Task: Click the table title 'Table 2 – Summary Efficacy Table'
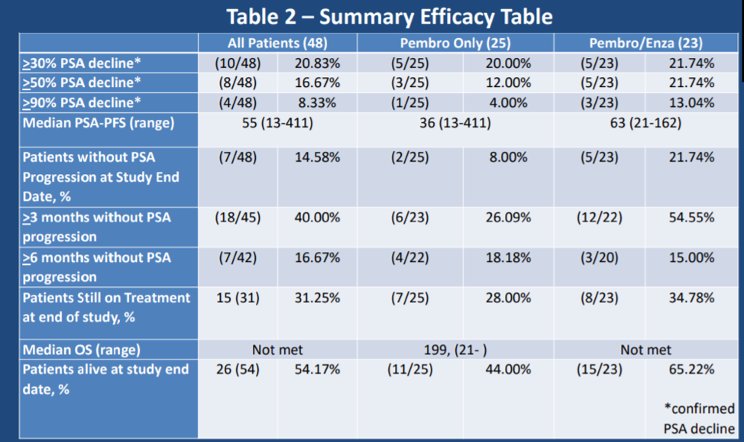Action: coord(390,17)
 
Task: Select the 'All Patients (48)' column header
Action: coord(277,44)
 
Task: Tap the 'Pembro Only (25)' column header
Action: coord(455,44)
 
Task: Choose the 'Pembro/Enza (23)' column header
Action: coord(645,44)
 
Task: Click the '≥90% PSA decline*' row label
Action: coord(82,102)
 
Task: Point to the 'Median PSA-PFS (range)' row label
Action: coord(99,123)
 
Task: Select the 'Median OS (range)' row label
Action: coord(82,350)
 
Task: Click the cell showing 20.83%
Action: coord(318,63)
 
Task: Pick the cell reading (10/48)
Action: coord(238,63)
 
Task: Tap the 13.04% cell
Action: coord(691,102)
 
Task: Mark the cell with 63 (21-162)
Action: coord(645,123)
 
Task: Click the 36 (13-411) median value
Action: coord(455,123)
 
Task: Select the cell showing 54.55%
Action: coord(691,218)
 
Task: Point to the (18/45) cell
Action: coord(238,218)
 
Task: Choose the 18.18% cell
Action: coord(508,257)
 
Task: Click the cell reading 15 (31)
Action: coord(238,298)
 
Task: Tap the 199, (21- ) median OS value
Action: coord(455,350)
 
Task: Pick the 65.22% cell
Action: coord(691,369)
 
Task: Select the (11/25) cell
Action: coord(410,369)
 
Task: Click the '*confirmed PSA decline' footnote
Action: coord(700,418)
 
